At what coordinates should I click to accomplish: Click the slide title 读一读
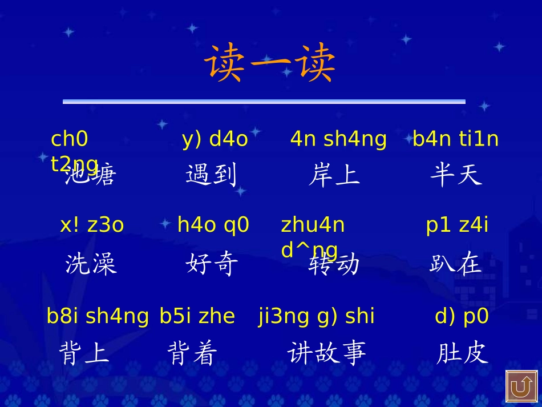[270, 64]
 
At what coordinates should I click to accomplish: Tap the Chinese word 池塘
[90, 175]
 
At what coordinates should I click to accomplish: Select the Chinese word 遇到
[211, 175]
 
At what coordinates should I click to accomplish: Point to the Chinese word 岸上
[334, 175]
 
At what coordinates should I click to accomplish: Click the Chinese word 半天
[456, 175]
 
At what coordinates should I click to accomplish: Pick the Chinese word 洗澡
[91, 264]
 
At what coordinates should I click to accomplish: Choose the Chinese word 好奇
[212, 264]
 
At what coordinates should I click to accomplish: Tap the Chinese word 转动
[334, 264]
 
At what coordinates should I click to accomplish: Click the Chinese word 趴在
[456, 264]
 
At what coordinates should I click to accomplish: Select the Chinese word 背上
[84, 353]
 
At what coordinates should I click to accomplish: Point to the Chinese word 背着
[192, 353]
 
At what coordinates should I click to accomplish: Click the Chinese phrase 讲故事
[326, 353]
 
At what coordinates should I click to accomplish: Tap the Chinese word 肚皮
[463, 353]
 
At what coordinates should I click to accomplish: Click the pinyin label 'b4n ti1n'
[456, 139]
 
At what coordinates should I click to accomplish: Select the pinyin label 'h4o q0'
[213, 225]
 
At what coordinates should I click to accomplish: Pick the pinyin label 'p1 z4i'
[458, 225]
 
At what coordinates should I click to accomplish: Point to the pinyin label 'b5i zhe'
[197, 316]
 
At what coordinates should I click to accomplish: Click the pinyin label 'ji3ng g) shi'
[317, 316]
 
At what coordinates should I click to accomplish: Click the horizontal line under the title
[264, 102]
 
